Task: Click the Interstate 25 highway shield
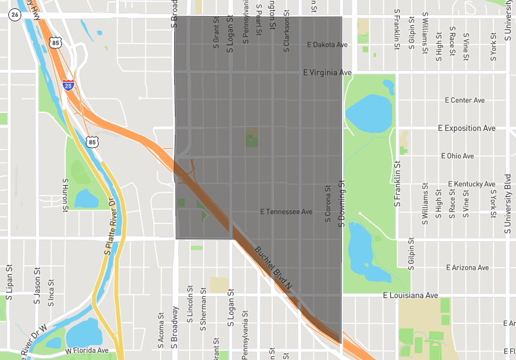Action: point(68,85)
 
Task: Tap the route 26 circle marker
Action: point(15,15)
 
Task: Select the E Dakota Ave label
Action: point(327,45)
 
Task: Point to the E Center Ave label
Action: point(464,101)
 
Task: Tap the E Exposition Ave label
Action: point(466,128)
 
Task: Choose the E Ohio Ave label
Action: point(457,156)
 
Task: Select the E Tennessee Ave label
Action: point(286,212)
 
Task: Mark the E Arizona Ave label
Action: point(468,267)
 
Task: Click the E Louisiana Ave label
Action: point(410,295)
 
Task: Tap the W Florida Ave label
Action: point(86,351)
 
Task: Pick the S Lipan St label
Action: point(9,283)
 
